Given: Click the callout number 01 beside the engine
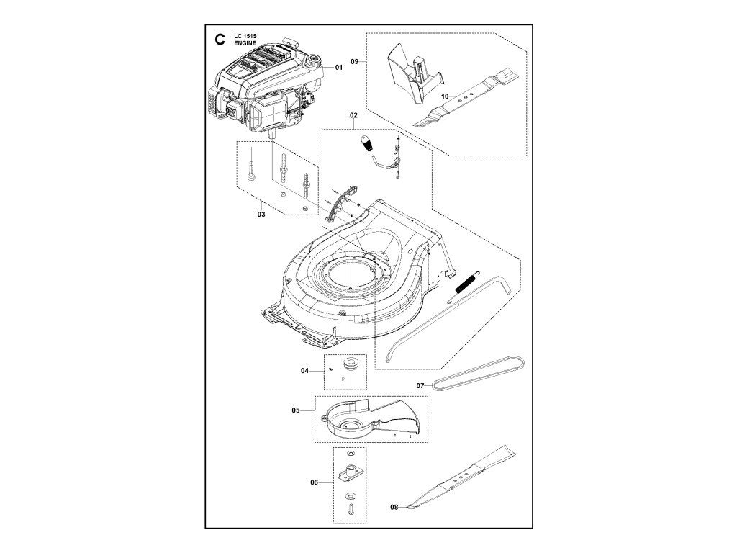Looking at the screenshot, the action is click(338, 67).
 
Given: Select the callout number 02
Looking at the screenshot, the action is click(353, 115).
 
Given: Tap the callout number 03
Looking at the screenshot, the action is click(261, 215).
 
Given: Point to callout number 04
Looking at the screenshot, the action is click(304, 371).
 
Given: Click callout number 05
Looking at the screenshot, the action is click(296, 410).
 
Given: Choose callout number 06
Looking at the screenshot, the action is click(315, 482).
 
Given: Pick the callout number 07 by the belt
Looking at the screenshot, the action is click(420, 386).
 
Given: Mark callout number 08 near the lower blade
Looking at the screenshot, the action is click(394, 507).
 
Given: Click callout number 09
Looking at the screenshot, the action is click(355, 62).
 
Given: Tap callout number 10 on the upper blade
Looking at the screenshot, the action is click(445, 96).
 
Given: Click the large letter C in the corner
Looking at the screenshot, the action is click(220, 40).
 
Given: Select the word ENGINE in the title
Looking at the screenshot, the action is click(245, 43).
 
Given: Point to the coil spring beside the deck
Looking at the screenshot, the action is click(466, 284).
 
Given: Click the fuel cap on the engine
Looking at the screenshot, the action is click(314, 60).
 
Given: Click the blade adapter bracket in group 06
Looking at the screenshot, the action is click(351, 472).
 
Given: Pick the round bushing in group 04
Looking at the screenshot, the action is click(351, 362).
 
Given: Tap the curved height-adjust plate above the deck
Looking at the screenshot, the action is click(342, 202).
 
